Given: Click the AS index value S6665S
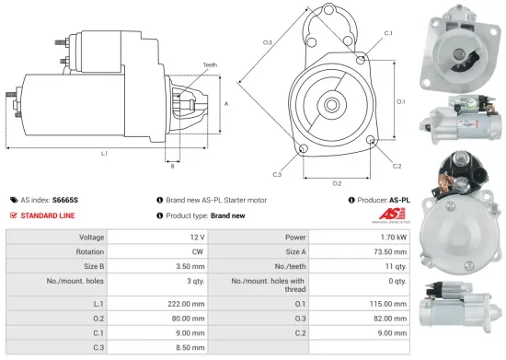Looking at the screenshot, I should [65, 199].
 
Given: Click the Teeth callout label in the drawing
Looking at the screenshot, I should [211, 65].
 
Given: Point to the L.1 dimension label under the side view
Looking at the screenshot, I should [104, 153].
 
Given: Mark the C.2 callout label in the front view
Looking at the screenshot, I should [397, 166].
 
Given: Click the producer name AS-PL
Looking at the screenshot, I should [398, 199].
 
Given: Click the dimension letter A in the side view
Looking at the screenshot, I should [226, 104].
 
